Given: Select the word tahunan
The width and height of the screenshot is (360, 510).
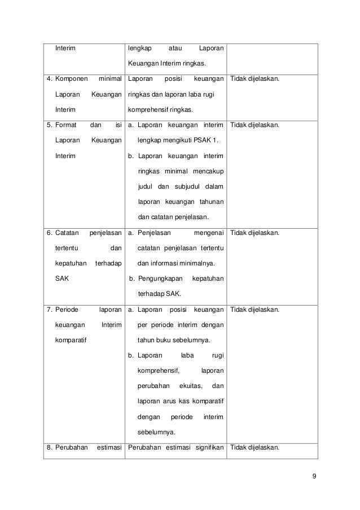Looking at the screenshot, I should (x=210, y=202).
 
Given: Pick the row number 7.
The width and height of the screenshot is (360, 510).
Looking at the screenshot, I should (x=50, y=310).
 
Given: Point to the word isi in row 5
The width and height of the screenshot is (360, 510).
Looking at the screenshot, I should (x=118, y=124).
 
